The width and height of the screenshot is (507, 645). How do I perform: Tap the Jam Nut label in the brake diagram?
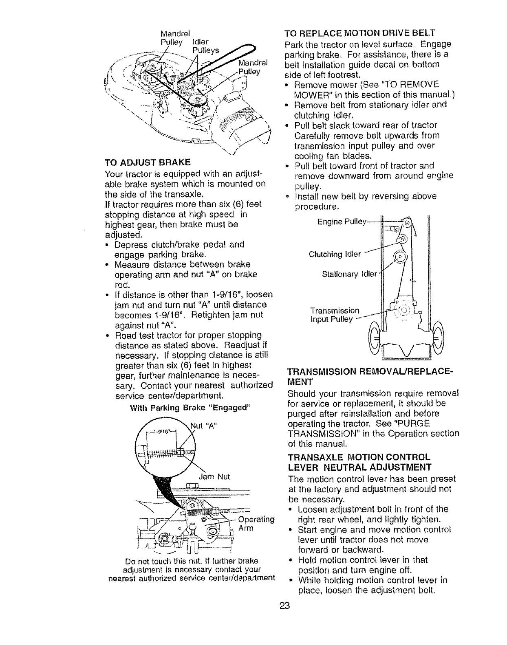click(214, 476)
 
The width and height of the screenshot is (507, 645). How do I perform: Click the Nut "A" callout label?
click(206, 426)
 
